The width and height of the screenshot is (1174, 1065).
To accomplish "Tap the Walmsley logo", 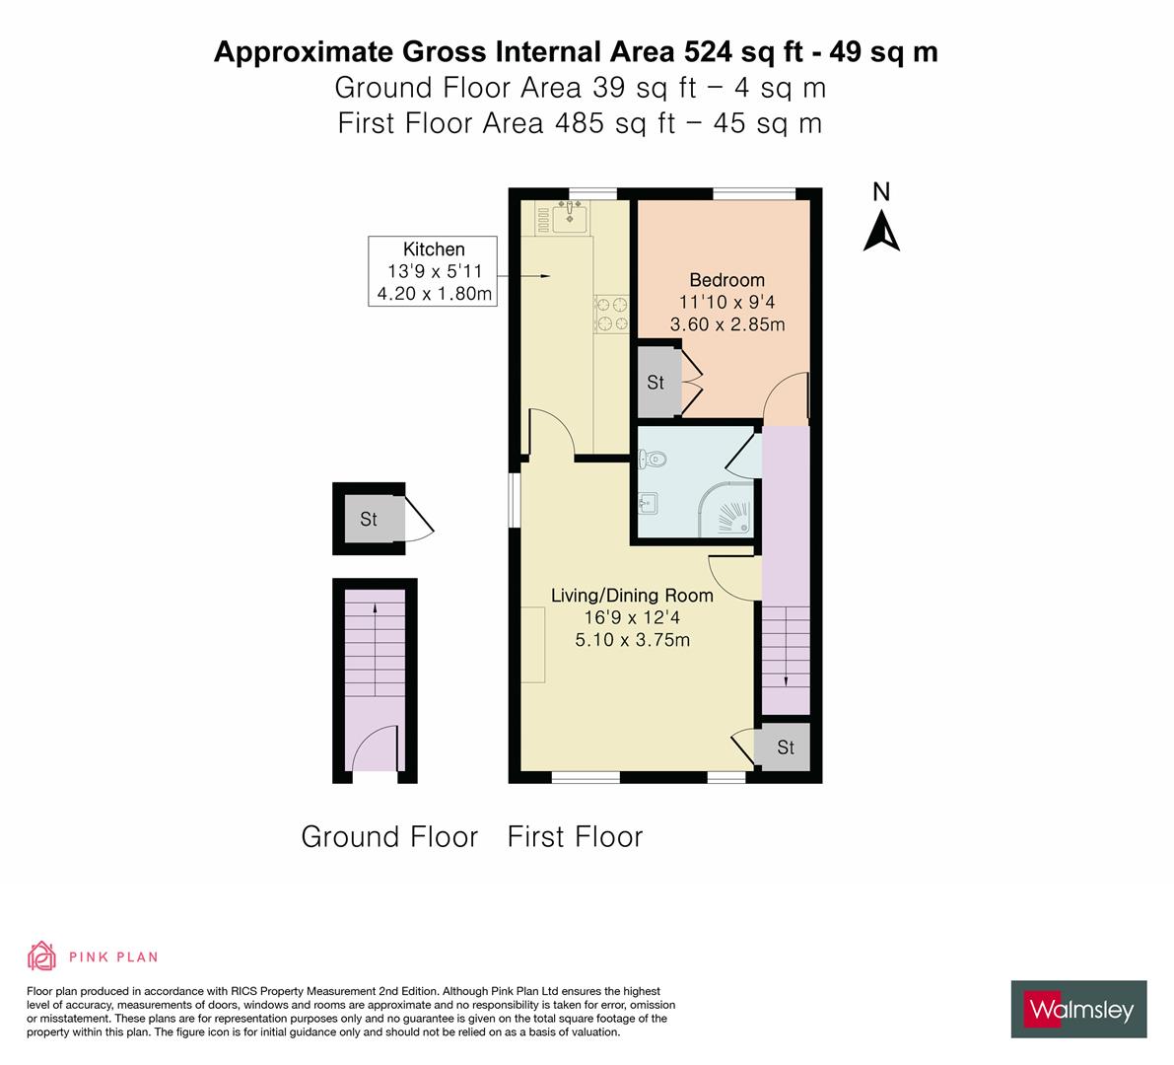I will pyautogui.click(x=1078, y=1009).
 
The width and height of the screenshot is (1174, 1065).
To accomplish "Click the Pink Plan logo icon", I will pyautogui.click(x=41, y=956).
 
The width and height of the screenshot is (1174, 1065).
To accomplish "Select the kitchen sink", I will pyautogui.click(x=568, y=215).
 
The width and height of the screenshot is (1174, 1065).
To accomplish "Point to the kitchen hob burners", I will pyautogui.click(x=611, y=315).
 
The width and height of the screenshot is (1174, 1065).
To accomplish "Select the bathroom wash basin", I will pyautogui.click(x=647, y=504).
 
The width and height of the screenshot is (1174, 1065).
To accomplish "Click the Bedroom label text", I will pyautogui.click(x=726, y=280).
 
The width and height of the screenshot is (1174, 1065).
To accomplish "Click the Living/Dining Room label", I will pyautogui.click(x=631, y=595).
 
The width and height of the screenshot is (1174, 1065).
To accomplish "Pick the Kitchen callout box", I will pyautogui.click(x=432, y=271).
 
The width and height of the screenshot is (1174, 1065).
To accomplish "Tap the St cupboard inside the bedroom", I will pyautogui.click(x=656, y=382).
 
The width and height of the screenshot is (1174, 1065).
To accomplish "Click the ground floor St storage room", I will pyautogui.click(x=369, y=519).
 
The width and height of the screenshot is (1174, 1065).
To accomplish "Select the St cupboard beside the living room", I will pyautogui.click(x=785, y=747).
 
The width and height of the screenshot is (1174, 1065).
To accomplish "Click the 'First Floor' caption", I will pyautogui.click(x=575, y=837).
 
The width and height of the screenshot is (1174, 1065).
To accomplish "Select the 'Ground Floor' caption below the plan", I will pyautogui.click(x=389, y=837).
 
